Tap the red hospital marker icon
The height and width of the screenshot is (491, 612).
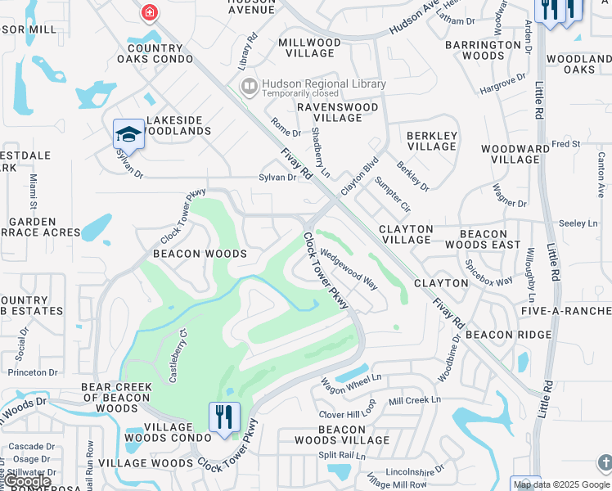point(149,12)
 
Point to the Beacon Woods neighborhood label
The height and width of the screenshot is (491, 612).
point(200,254)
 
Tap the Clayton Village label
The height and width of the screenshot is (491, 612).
point(406,234)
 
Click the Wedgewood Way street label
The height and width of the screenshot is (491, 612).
point(349,269)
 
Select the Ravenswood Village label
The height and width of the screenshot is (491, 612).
point(338,112)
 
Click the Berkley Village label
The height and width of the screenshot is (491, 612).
point(432,141)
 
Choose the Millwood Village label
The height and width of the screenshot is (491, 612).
point(317,47)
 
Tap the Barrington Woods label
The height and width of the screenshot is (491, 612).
point(484,50)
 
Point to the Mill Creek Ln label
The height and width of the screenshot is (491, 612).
point(415,400)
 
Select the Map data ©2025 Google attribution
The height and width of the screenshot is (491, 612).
point(560,484)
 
